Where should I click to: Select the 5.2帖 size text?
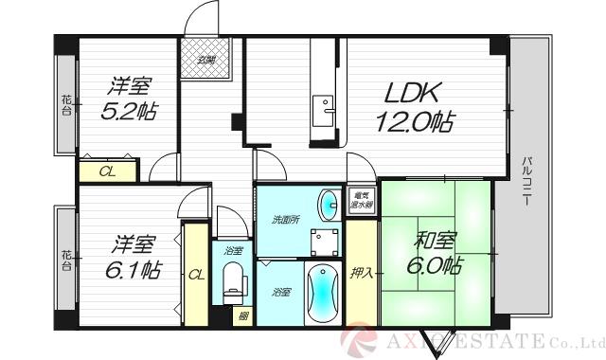[x=128, y=111]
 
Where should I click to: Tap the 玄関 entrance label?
[x=204, y=62]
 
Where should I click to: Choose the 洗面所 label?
[x=287, y=220]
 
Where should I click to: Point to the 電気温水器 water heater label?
[x=361, y=198]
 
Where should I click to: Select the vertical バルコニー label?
[x=526, y=180]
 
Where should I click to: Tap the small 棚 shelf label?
[x=243, y=315]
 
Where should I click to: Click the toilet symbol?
[x=234, y=281]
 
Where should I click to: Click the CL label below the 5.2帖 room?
[x=110, y=171]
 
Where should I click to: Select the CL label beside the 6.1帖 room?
[x=196, y=275]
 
